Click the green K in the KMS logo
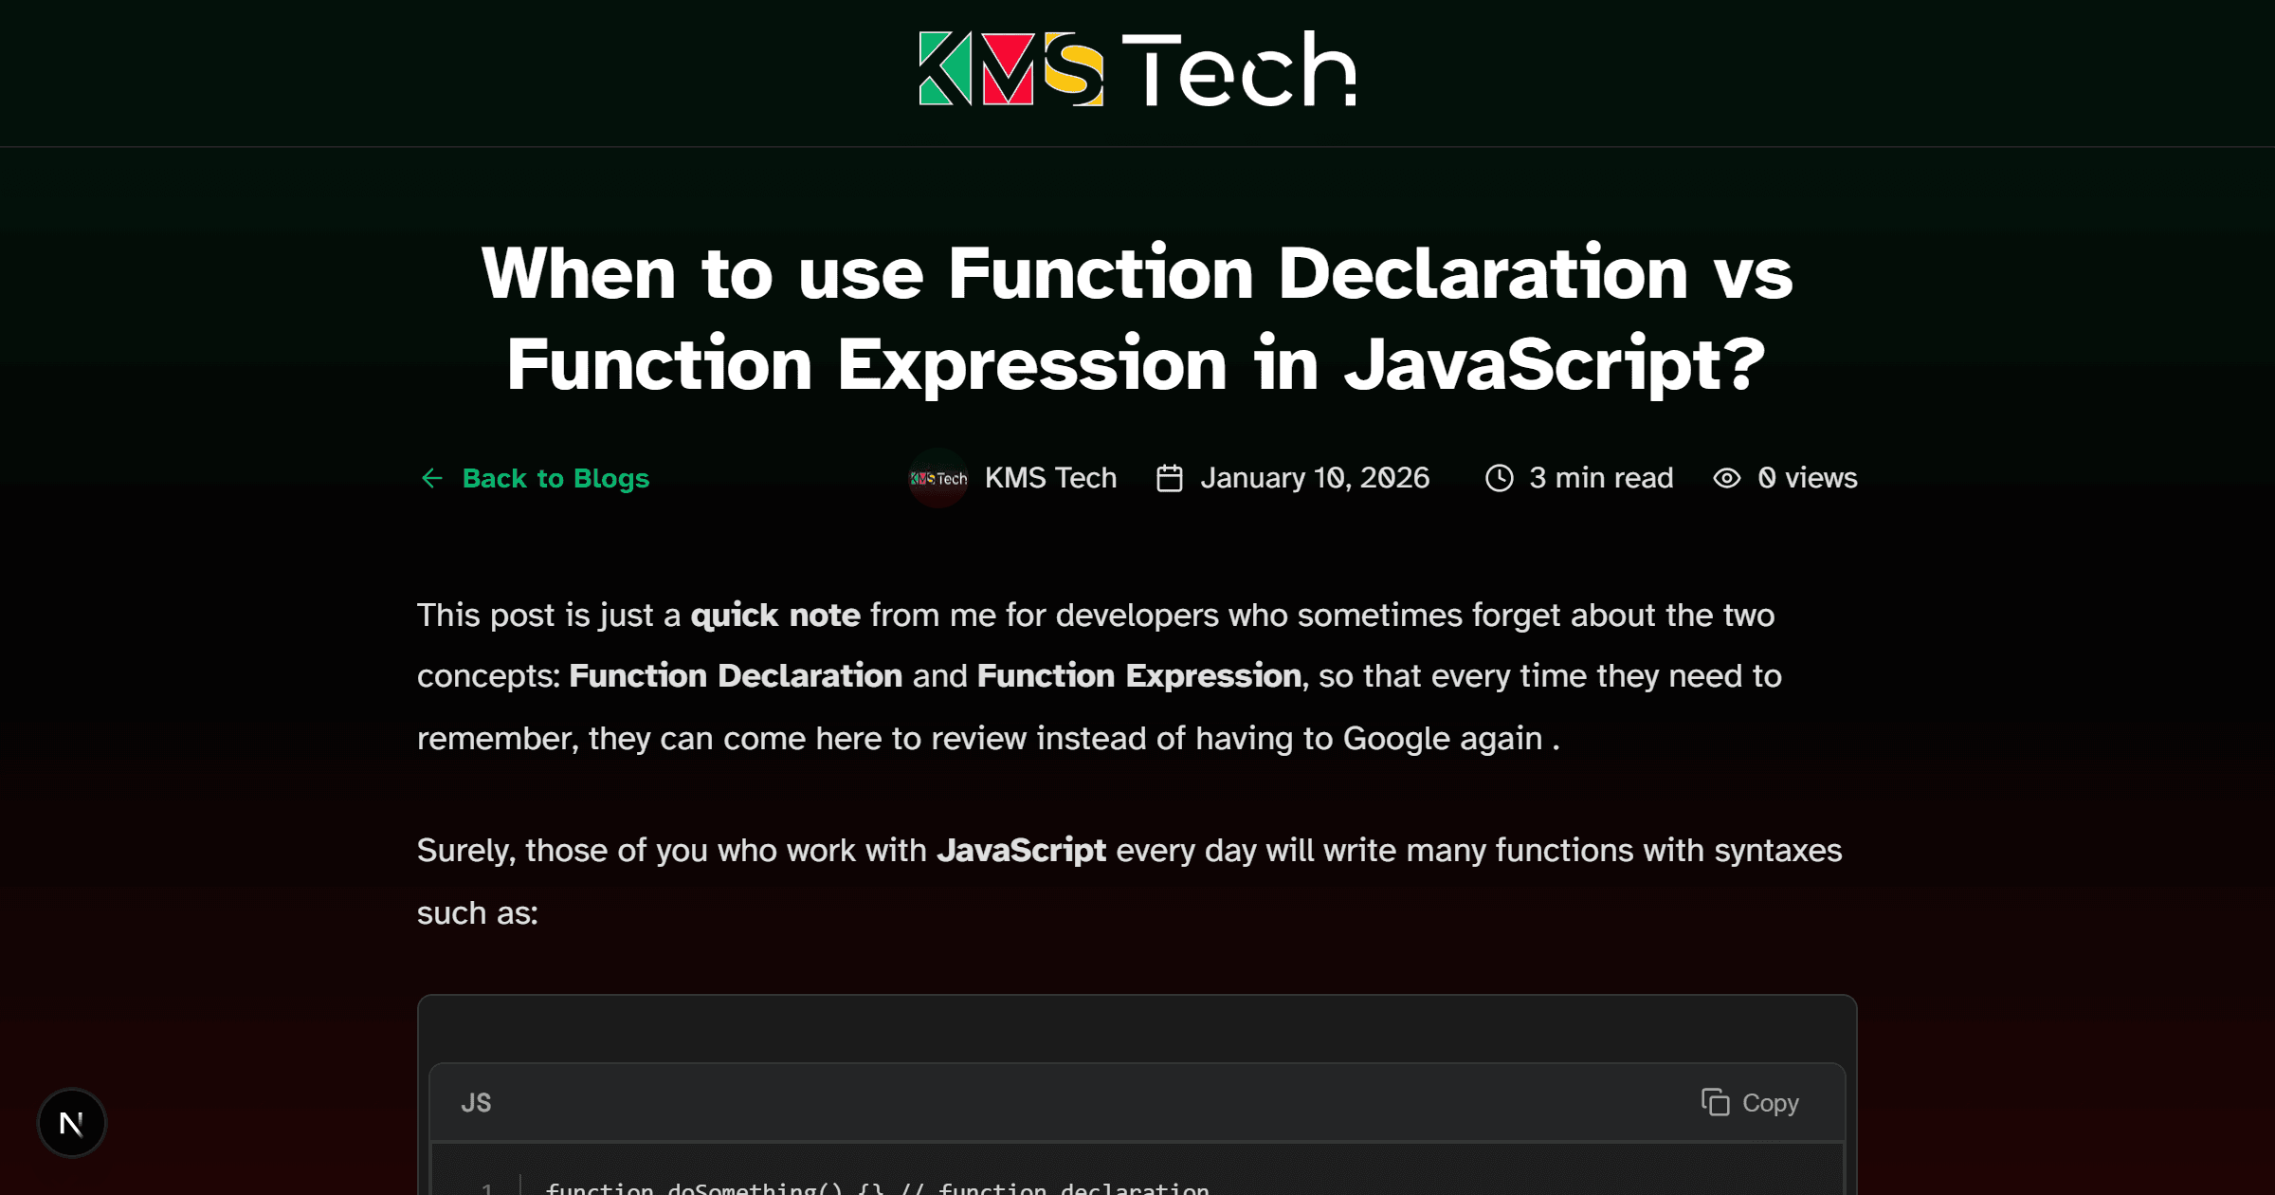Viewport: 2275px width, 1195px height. [945, 68]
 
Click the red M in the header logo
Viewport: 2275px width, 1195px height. [1008, 68]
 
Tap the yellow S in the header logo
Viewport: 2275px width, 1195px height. [1074, 68]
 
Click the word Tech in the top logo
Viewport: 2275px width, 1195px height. [1239, 68]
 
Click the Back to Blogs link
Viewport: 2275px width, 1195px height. [555, 478]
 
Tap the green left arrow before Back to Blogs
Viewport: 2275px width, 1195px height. [432, 478]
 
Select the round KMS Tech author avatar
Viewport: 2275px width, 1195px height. [938, 478]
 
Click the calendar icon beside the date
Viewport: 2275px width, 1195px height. [1170, 478]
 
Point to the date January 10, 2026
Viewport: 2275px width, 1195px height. [1315, 478]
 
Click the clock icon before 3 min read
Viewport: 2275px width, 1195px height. [1499, 478]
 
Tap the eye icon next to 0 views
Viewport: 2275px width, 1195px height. [1727, 478]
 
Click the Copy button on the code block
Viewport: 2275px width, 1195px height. [1750, 1103]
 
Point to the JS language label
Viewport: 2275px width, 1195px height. [476, 1103]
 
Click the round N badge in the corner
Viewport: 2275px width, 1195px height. [72, 1123]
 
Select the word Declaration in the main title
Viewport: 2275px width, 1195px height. [1483, 274]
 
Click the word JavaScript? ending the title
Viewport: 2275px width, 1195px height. [1555, 365]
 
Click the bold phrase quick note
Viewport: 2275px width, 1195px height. [775, 616]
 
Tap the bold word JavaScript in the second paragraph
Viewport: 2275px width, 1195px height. [1021, 851]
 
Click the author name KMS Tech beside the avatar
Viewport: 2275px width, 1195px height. [1050, 478]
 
